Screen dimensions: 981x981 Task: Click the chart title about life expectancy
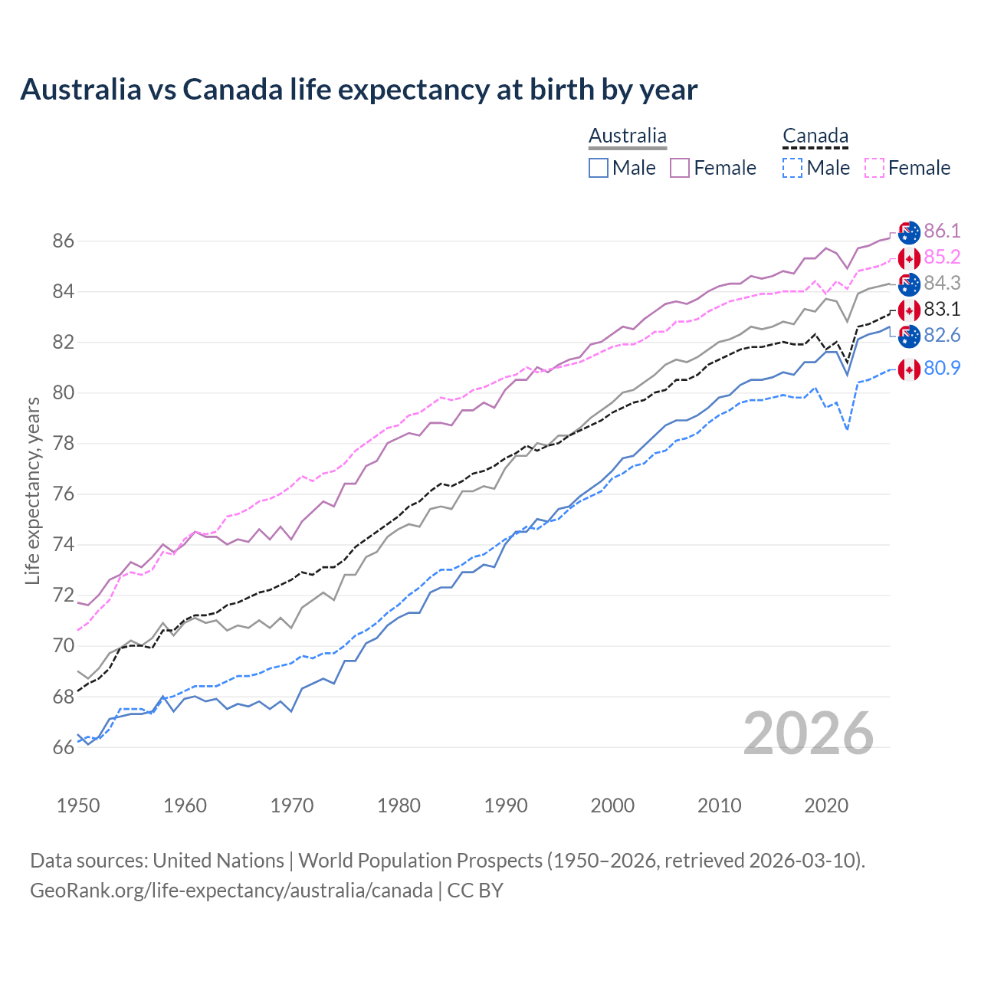(359, 90)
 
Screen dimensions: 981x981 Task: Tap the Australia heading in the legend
(627, 136)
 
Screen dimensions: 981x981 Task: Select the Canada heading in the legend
(815, 136)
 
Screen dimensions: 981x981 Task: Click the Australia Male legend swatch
(599, 168)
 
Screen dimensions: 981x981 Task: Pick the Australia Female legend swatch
(680, 168)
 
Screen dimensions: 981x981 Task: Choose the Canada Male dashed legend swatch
(792, 168)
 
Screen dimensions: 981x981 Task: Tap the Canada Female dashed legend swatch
(874, 168)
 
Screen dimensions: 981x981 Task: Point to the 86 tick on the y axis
(63, 241)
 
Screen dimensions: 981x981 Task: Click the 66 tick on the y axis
(63, 747)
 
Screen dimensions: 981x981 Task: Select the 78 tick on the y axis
(63, 444)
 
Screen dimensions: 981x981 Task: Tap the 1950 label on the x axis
(78, 805)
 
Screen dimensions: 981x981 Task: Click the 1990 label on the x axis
(506, 805)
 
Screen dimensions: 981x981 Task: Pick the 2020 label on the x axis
(826, 805)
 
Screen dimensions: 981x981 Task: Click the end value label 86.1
(942, 231)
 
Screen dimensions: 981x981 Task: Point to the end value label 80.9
(942, 369)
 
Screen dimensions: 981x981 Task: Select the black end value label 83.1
(942, 310)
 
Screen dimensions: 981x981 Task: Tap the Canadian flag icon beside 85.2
(909, 258)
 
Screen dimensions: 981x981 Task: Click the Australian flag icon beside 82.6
(909, 336)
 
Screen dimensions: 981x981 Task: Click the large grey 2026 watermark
(809, 733)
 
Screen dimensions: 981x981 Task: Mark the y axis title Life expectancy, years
(32, 490)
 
